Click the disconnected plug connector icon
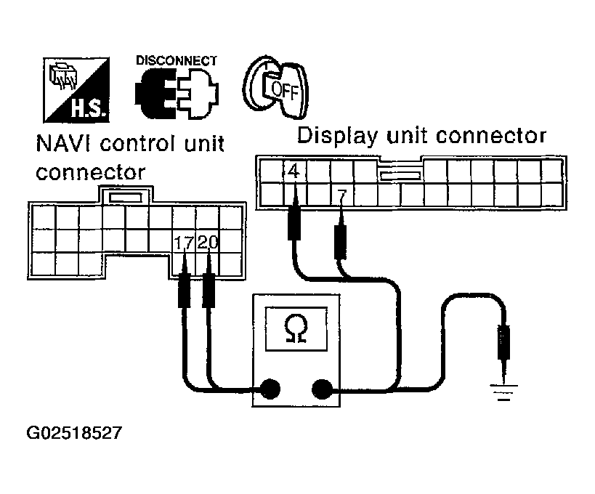coord(177,95)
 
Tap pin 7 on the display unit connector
coord(342,194)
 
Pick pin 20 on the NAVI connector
coord(208,243)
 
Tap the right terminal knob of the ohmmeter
coord(322,389)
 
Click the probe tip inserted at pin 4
coord(295,222)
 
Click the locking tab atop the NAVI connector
coord(125,196)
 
